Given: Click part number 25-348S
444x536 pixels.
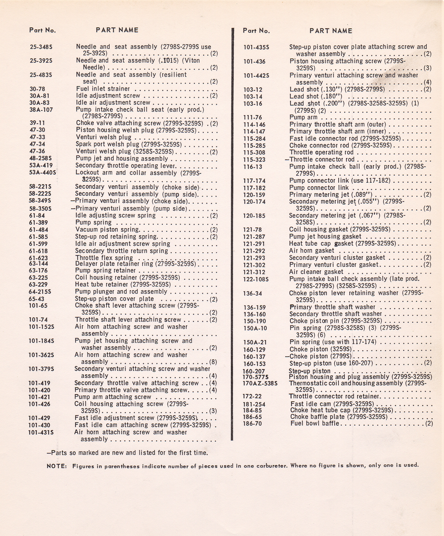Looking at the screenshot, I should coord(41,47).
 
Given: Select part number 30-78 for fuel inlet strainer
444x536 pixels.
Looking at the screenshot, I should coord(37,89).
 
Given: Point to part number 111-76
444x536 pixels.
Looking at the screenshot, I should coord(252,118).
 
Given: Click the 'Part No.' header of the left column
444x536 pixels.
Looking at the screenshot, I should coord(42,30).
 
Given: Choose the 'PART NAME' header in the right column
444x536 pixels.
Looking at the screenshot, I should coord(331,31).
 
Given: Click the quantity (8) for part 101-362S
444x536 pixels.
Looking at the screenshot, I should coord(213,362).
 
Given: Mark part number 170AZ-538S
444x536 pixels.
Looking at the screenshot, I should coord(260,383).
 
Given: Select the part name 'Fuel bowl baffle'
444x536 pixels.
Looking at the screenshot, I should coord(315,423).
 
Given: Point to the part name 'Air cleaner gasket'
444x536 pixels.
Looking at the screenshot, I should coord(316,272).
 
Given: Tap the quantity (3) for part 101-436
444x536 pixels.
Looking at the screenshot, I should coord(427,68).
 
